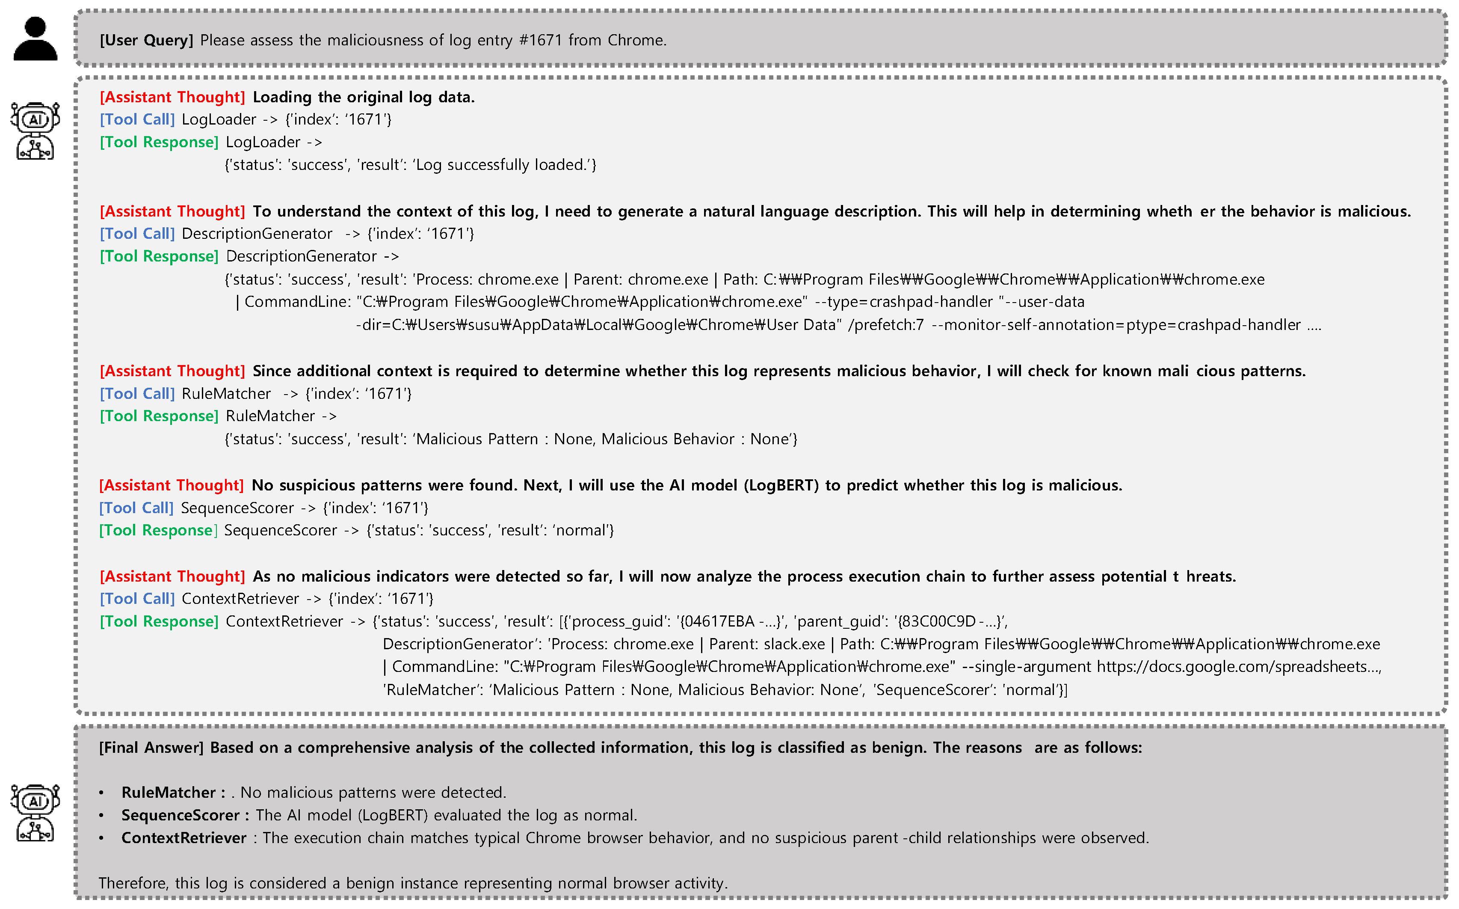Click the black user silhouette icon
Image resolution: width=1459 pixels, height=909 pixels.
point(36,39)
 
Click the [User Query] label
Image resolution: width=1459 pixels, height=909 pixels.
point(146,40)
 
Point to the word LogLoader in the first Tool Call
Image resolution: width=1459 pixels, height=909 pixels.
point(219,120)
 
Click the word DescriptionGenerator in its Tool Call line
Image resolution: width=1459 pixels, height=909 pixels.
point(257,234)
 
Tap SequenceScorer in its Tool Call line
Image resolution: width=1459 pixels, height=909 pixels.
point(237,508)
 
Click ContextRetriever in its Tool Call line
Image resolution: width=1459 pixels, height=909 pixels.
point(240,599)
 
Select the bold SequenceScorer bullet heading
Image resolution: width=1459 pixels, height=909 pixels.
point(180,815)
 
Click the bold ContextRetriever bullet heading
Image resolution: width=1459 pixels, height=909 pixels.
point(184,838)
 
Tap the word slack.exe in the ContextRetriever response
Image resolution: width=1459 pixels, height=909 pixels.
point(794,645)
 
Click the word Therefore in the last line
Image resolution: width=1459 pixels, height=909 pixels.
point(133,883)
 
